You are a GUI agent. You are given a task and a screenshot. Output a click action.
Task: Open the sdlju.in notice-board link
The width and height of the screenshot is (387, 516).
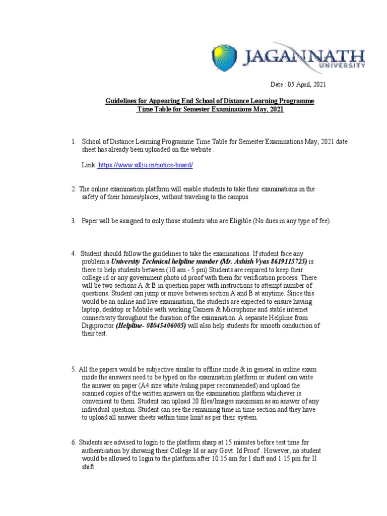[x=146, y=165]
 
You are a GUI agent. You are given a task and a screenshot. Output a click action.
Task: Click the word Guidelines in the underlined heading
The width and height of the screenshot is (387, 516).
[x=120, y=101]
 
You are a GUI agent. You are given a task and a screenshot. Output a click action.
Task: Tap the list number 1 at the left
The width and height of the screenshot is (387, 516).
[x=74, y=142]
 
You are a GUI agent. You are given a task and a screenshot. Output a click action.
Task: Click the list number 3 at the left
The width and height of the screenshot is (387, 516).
[x=74, y=221]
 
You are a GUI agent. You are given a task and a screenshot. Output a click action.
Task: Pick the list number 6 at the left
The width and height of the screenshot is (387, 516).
[x=74, y=442]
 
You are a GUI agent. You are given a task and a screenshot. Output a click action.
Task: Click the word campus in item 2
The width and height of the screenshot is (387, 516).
[x=237, y=197]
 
